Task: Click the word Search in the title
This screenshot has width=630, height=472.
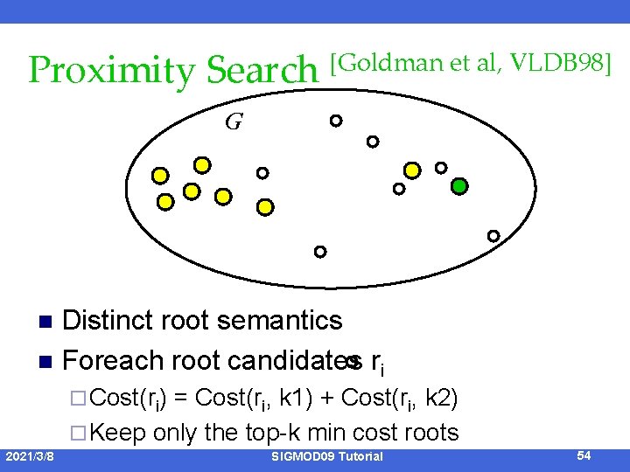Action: [x=262, y=71]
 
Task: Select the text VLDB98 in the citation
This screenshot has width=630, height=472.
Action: [x=562, y=62]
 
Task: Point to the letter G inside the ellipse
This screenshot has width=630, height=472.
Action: [x=234, y=121]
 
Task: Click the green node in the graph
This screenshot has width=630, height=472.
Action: [x=459, y=186]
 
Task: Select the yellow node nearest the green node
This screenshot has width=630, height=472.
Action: [x=412, y=170]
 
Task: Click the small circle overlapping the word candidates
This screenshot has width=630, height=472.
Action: [x=352, y=360]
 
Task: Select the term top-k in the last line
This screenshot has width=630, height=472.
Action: [x=278, y=432]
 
